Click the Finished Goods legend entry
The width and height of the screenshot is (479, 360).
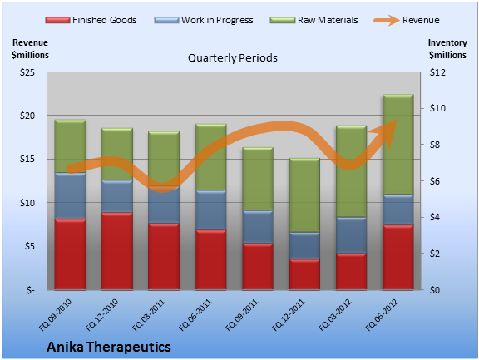pyautogui.click(x=91, y=20)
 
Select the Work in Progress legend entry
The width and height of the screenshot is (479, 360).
pyautogui.click(x=204, y=20)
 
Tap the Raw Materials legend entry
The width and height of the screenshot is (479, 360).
pyautogui.click(x=314, y=20)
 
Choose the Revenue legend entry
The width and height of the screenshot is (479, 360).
pyautogui.click(x=407, y=20)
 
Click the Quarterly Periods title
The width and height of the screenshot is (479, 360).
pyautogui.click(x=233, y=57)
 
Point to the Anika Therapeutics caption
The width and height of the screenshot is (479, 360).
pyautogui.click(x=109, y=347)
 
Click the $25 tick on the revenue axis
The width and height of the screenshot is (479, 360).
pyautogui.click(x=27, y=72)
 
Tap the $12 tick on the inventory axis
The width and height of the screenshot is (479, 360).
pyautogui.click(x=437, y=72)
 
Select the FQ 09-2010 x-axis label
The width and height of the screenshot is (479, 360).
pyautogui.click(x=55, y=315)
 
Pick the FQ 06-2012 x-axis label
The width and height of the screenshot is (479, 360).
pyautogui.click(x=382, y=315)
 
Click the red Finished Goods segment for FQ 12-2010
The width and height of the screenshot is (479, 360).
pyautogui.click(x=117, y=251)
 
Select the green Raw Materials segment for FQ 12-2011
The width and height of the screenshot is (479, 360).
pyautogui.click(x=304, y=195)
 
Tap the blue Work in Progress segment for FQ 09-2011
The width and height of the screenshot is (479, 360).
pyautogui.click(x=258, y=227)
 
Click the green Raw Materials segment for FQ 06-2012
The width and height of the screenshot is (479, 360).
pyautogui.click(x=398, y=145)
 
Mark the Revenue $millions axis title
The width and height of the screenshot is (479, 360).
pyautogui.click(x=30, y=49)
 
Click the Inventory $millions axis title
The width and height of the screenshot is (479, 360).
pyautogui.click(x=447, y=49)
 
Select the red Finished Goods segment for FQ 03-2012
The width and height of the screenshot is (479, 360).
pyautogui.click(x=351, y=271)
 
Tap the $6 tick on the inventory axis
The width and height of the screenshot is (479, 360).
pyautogui.click(x=437, y=181)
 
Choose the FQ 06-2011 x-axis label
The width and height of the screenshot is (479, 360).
pyautogui.click(x=195, y=315)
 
